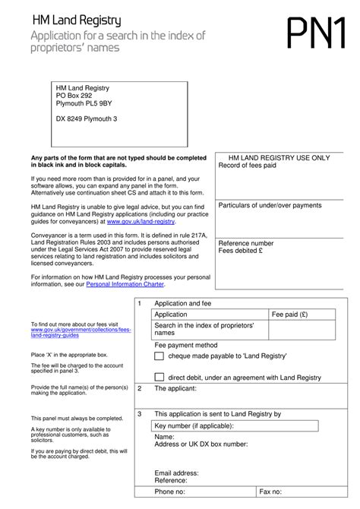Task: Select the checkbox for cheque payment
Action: tap(158, 356)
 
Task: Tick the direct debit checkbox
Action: tap(158, 377)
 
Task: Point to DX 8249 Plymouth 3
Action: tap(87, 119)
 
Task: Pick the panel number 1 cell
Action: tap(139, 303)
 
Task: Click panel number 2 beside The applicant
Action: tap(139, 388)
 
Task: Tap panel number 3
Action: tap(139, 414)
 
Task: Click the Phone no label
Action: tap(172, 492)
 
